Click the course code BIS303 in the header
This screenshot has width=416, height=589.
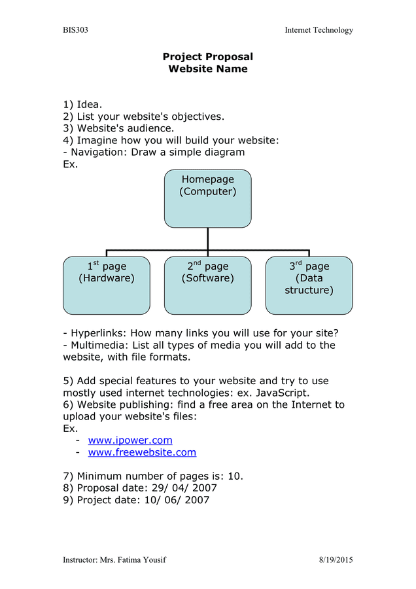(x=75, y=30)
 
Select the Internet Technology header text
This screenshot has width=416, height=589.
(x=319, y=30)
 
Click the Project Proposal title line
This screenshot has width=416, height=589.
(x=207, y=57)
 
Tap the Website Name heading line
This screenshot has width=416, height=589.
(x=207, y=69)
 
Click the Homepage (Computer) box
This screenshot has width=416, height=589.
(x=207, y=198)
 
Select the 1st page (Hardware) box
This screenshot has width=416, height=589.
(x=107, y=285)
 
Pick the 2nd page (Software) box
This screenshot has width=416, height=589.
(x=207, y=285)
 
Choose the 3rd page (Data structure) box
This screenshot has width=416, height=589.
(x=309, y=285)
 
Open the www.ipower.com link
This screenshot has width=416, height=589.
(x=130, y=440)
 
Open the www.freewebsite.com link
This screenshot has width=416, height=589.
(x=142, y=452)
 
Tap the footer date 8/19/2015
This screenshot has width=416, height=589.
(x=336, y=560)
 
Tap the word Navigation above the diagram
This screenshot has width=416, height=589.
(x=98, y=152)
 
